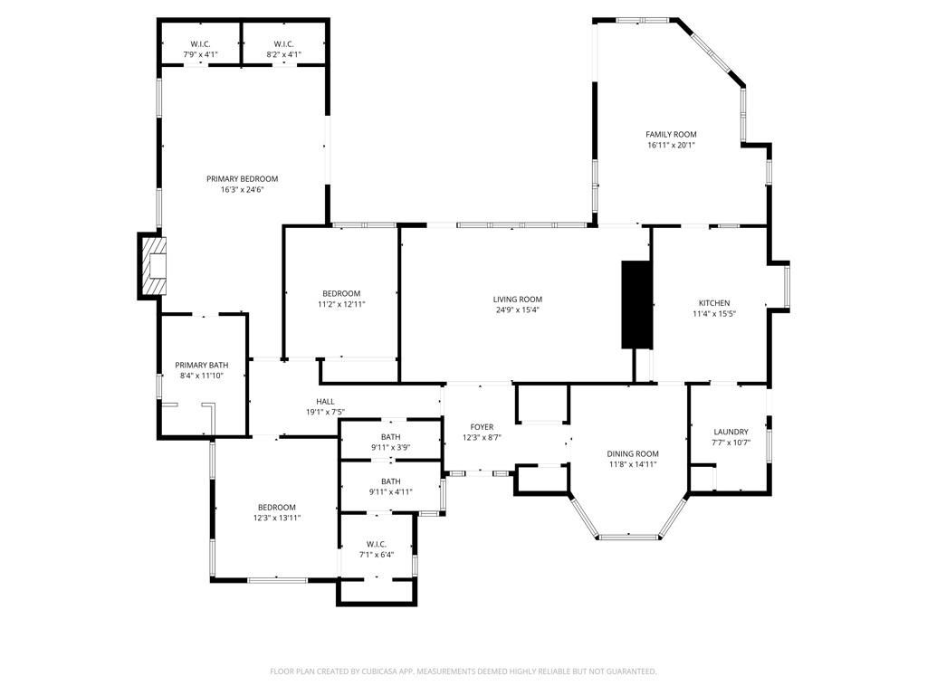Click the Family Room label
pos(671,134)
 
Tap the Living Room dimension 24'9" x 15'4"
pos(518,309)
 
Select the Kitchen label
pos(713,303)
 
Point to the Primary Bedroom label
pos(242,179)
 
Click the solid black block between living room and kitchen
pos(636,304)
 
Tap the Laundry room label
pos(731,432)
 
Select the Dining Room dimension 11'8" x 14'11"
pos(633,464)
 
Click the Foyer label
pos(482,427)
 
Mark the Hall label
pos(325,402)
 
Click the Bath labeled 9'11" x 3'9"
pos(390,437)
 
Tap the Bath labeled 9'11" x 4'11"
pos(390,481)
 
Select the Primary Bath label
pos(201,365)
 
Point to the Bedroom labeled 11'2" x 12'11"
pos(341,293)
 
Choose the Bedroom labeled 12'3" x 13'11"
pos(276,507)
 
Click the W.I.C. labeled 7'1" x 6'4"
pos(377,544)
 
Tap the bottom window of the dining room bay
pos(627,537)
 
